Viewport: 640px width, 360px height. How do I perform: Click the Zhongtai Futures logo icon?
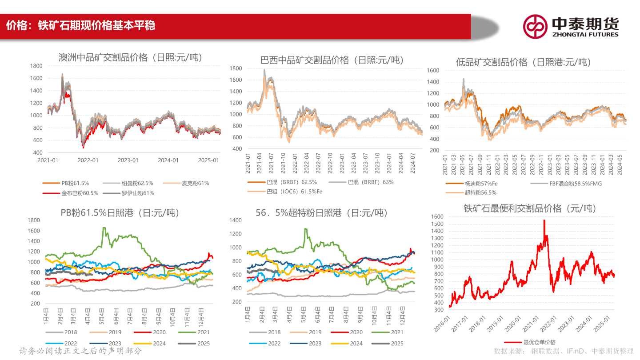click(x=535, y=26)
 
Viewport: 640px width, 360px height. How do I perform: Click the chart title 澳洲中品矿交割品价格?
click(x=130, y=57)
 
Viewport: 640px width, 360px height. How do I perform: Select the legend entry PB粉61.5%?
click(x=75, y=183)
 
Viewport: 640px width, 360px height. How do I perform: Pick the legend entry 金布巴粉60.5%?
click(x=80, y=193)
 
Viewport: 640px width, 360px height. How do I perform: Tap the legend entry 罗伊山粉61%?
click(x=138, y=193)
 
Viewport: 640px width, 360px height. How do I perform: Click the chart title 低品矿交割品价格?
click(x=524, y=62)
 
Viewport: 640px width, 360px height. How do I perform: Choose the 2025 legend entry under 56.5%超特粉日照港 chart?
click(x=397, y=343)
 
